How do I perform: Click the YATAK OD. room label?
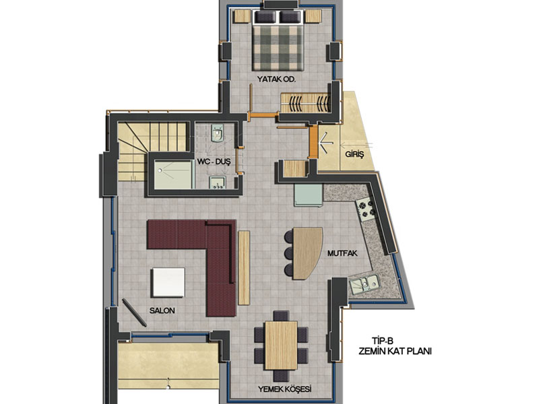coord(276,79)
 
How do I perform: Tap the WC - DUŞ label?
coord(214,162)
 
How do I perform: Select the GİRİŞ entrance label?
coord(354,154)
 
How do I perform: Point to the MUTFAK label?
coord(342,254)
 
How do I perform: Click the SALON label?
coord(162,310)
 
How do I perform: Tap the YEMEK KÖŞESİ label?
coord(284,389)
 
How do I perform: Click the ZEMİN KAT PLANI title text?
coord(395,351)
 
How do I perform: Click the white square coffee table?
coord(168,282)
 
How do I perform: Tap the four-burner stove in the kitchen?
coord(366,209)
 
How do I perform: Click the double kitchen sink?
coord(364,284)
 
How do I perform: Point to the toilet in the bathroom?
coord(217,133)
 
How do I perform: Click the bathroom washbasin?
coord(217,182)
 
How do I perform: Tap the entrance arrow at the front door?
coord(326,141)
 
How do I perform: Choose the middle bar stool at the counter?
coord(289,253)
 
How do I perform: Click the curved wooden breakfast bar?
coord(307,253)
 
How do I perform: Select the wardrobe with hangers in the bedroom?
coord(305,102)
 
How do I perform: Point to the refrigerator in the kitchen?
coord(308,195)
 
